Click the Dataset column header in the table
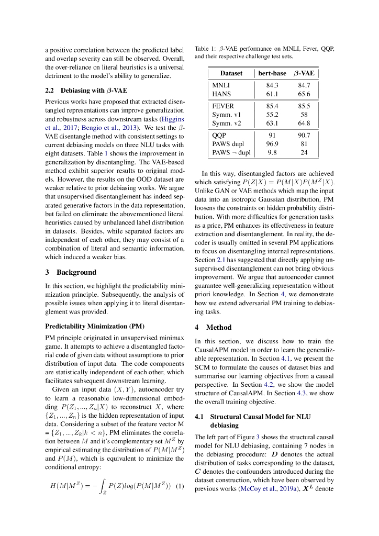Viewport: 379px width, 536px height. [231, 73]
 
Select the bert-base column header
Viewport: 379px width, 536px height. [272, 73]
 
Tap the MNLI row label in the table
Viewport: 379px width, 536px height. [221, 85]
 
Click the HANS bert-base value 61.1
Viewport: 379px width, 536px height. [272, 94]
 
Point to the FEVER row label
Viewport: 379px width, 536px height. [223, 106]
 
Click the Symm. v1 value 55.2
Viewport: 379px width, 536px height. [272, 115]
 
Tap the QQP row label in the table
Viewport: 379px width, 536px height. [220, 135]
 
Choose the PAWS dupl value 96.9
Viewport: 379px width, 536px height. [272, 144]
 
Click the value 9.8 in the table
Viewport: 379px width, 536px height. [272, 153]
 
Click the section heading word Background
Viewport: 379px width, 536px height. [76, 272]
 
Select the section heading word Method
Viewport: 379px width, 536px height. [219, 327]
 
